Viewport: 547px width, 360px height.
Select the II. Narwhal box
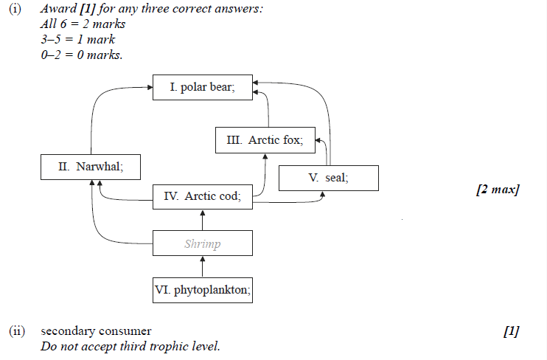tap(91, 167)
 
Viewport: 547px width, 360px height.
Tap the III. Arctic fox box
tap(265, 140)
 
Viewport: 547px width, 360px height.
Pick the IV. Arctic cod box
tap(202, 195)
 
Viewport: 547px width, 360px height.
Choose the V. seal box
tap(328, 178)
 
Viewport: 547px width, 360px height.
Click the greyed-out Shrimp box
tap(202, 243)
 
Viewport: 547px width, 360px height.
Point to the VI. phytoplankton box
tap(202, 291)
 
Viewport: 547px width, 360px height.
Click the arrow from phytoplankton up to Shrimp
tap(202, 267)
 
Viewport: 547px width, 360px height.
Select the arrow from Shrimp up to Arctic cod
tap(202, 219)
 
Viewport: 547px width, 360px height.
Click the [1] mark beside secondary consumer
tap(511, 331)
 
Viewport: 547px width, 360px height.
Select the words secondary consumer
tap(96, 331)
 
